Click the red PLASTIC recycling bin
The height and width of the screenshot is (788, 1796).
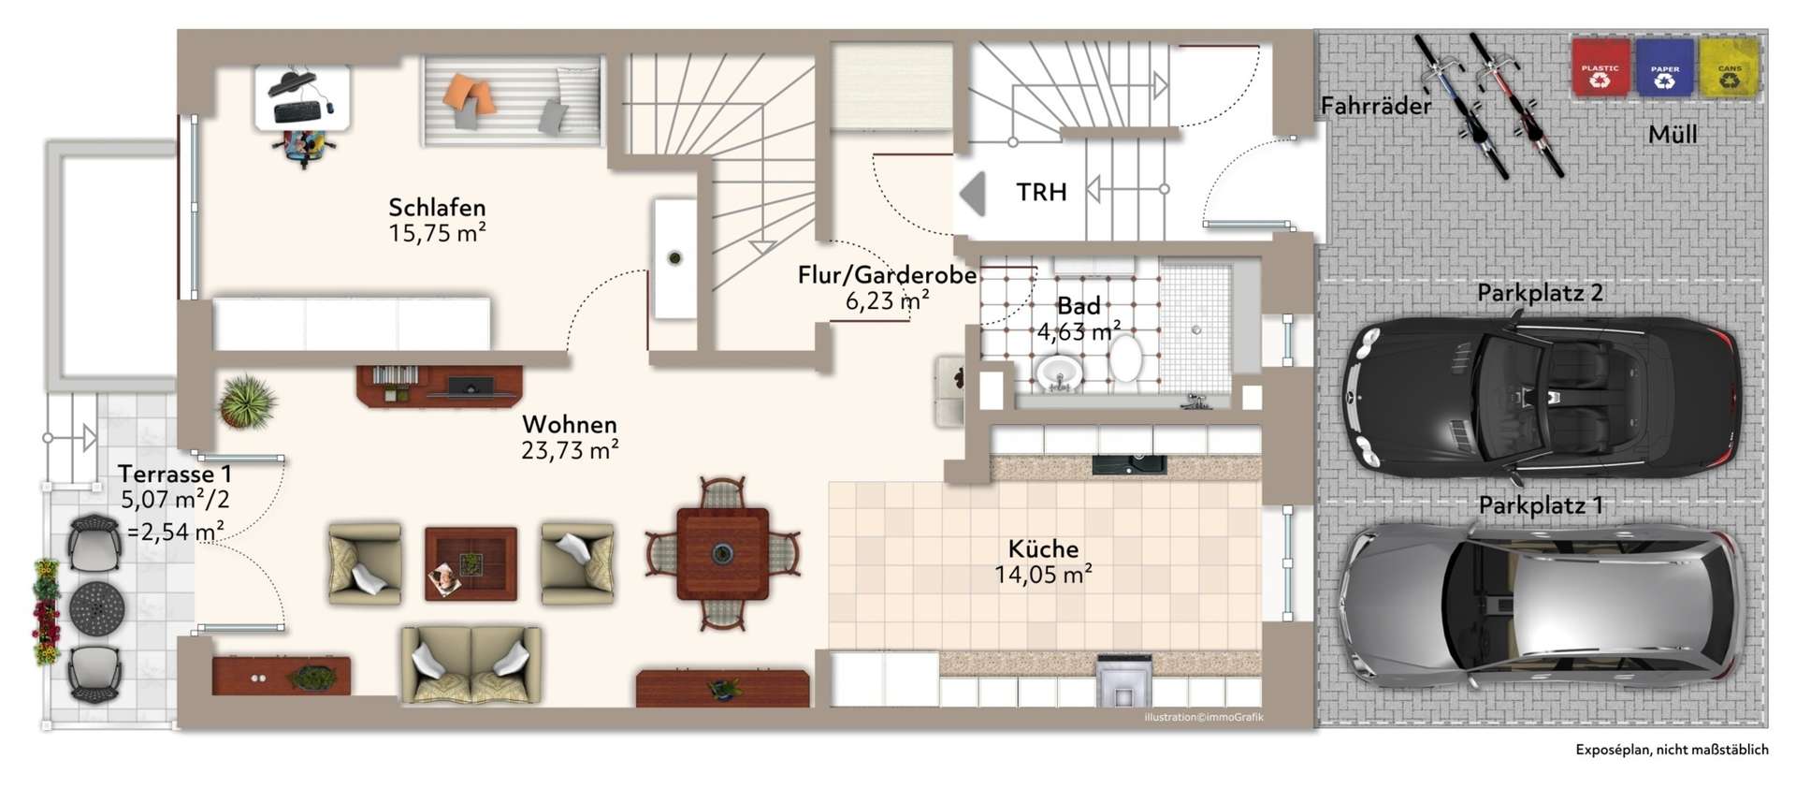coord(1600,67)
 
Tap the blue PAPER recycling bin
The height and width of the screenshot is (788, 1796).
coord(1665,67)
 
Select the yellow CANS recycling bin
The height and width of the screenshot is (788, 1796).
coord(1730,67)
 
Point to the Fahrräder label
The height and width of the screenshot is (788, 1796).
coord(1376,106)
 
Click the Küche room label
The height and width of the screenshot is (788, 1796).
coord(1043,548)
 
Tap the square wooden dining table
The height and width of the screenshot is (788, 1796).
coord(722,553)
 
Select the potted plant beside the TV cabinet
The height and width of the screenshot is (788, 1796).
coord(247,402)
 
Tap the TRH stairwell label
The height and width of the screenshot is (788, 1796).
coord(1041,192)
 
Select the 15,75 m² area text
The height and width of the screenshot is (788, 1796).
coord(437,232)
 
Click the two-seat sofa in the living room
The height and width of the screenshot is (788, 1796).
coord(471,664)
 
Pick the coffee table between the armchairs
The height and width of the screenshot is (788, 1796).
coord(471,563)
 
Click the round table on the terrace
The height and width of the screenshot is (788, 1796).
coord(96,607)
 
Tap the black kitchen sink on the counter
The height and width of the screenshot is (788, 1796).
coord(1129,463)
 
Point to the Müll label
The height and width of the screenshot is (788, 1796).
coord(1672,134)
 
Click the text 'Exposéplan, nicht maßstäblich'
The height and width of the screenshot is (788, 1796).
coord(1672,750)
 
